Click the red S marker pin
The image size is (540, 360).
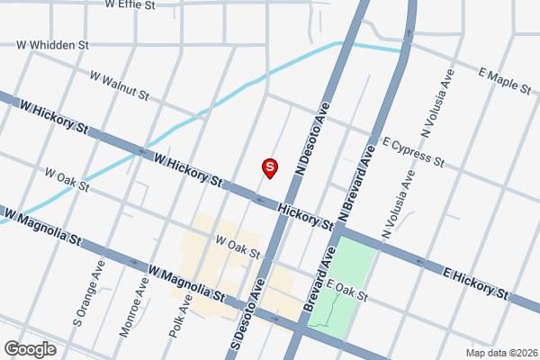pyautogui.click(x=268, y=167)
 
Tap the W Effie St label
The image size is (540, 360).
pyautogui.click(x=130, y=4)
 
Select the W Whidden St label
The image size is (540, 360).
pyautogui.click(x=53, y=43)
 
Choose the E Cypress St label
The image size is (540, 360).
pyautogui.click(x=413, y=152)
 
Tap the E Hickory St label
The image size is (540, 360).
pyautogui.click(x=476, y=282)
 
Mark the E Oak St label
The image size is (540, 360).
pyautogui.click(x=348, y=291)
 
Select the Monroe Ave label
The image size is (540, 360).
pyautogui.click(x=132, y=306)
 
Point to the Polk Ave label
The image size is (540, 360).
pyautogui.click(x=180, y=315)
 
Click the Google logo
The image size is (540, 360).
pyautogui.click(x=30, y=349)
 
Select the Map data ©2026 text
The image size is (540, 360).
pyautogui.click(x=500, y=353)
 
